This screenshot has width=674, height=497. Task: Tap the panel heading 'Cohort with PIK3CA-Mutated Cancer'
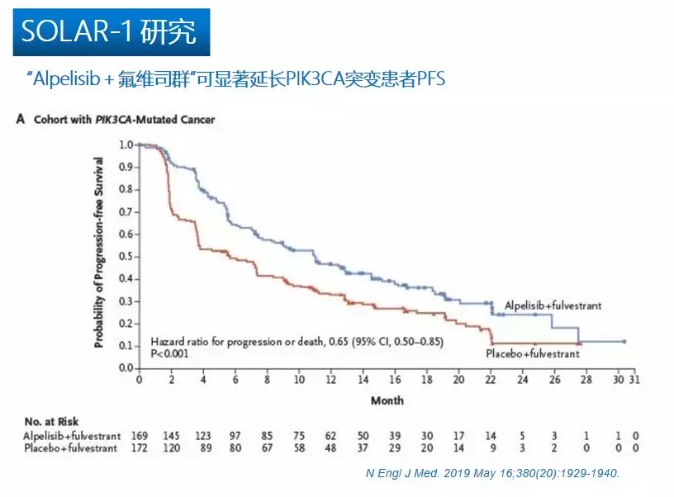123,120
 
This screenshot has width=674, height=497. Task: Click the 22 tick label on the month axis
491,381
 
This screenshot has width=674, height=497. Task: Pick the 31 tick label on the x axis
634,381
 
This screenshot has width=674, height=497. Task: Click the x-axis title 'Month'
386,400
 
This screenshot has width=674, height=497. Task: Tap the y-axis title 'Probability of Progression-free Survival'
98,256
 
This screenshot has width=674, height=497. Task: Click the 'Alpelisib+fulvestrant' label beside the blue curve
553,305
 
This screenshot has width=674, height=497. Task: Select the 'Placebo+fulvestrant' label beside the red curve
532,353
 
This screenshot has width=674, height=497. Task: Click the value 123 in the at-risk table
203,435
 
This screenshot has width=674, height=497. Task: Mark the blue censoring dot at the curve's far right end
624,341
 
